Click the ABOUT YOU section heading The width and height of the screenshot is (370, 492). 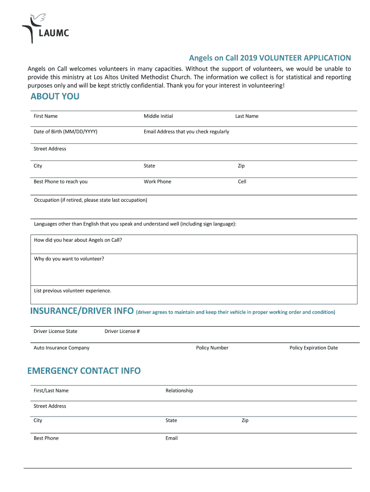point(55,97)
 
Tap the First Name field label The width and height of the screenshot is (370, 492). point(46,116)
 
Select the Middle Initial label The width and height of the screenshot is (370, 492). point(158,116)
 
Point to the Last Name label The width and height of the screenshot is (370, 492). point(247,116)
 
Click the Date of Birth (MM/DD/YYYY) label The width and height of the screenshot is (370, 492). point(65,132)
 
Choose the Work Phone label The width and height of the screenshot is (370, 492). point(157,182)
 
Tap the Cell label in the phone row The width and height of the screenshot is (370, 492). point(242,182)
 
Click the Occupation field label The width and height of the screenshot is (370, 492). point(90,200)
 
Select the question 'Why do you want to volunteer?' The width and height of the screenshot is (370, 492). point(69,259)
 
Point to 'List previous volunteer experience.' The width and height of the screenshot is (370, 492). point(73,291)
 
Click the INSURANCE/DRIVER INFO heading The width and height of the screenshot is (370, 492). point(82,311)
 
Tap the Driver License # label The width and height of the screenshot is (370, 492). point(122,331)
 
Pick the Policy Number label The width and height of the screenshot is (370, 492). point(212,348)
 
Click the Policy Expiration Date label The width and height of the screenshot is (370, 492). point(313,348)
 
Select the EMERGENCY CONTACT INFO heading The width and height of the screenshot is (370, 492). point(84,370)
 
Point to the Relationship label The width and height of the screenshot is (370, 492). point(179,391)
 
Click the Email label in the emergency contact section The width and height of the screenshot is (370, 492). point(172,438)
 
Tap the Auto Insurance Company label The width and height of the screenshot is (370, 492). point(62,348)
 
